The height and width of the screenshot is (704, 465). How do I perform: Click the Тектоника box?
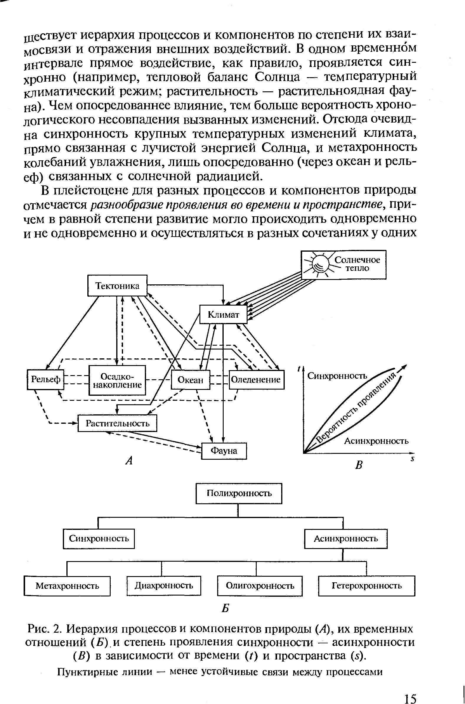coord(117,286)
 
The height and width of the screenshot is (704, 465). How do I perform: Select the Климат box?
coord(223,314)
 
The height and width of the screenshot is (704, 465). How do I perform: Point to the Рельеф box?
coord(45,379)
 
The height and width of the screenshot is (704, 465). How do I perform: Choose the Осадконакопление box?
coord(117,380)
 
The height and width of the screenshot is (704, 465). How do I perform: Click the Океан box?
coord(190,380)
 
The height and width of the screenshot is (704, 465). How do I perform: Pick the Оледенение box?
coord(256,379)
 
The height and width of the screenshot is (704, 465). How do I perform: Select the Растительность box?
coord(117,423)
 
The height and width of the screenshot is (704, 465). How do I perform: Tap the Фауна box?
coord(224,451)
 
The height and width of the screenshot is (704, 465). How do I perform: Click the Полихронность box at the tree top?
coord(239,493)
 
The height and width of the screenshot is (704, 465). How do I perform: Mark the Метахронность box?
coord(67,586)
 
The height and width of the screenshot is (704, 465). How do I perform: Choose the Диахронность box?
coord(164,585)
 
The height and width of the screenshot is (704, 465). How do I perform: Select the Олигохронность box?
coord(260,586)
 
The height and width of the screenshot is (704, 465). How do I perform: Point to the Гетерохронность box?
coord(366,586)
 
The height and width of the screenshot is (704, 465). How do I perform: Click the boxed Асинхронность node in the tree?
coord(346,538)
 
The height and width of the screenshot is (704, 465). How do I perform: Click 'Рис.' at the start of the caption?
coord(37,629)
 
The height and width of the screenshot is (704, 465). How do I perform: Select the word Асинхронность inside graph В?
coord(376,441)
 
